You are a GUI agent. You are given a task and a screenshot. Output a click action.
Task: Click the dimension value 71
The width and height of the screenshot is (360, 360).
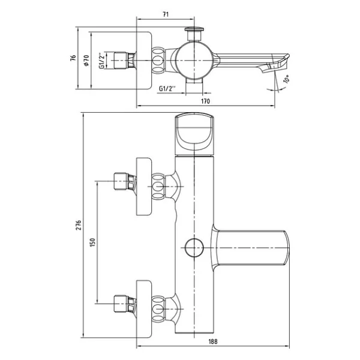(166, 14)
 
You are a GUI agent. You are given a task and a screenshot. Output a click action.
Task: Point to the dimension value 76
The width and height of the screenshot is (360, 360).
(73, 58)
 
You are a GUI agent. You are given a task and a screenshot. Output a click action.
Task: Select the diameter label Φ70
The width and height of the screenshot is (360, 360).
(86, 61)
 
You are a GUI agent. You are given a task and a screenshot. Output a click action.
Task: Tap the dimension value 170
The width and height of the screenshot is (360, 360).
(205, 101)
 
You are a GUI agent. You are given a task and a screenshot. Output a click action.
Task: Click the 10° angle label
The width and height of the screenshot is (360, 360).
(287, 79)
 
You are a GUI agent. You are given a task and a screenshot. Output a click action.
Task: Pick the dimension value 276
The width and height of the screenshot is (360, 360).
(79, 225)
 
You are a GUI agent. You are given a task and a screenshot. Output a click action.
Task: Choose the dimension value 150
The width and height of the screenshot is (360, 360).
(92, 242)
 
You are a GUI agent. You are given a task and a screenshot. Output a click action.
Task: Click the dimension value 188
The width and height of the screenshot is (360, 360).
(213, 341)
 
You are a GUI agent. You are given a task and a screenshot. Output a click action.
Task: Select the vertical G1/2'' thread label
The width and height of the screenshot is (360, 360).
(102, 61)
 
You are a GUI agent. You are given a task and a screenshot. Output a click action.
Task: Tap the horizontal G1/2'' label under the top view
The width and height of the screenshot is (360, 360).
(167, 88)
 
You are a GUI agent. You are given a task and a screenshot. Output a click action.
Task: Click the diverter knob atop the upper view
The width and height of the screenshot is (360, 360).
(194, 34)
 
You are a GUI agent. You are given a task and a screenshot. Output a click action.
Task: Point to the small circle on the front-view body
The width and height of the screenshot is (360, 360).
(194, 247)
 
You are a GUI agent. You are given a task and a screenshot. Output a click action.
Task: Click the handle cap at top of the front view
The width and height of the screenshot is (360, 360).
(194, 134)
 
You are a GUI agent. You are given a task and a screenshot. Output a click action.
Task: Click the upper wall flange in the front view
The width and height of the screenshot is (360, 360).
(144, 187)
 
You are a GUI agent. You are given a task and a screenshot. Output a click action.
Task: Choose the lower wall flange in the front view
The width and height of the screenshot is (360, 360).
(144, 309)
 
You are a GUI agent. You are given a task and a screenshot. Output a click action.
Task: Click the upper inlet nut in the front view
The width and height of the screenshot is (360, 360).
(125, 181)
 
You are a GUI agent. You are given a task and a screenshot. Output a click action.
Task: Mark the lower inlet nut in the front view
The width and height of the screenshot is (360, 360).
(125, 304)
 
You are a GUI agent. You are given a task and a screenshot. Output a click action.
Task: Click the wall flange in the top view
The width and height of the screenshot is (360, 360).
(144, 61)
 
